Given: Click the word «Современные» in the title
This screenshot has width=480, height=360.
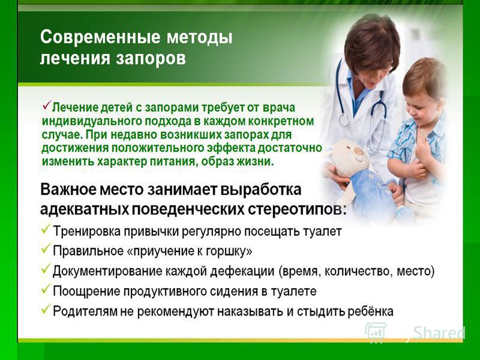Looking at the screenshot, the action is [x=100, y=37].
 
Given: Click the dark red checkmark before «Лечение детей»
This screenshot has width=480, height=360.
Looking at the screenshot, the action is [x=47, y=106].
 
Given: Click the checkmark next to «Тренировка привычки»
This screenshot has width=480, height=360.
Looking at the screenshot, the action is [x=46, y=229].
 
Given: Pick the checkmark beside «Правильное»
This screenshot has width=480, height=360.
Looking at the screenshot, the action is [x=46, y=249].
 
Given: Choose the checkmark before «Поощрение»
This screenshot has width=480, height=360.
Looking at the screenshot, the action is [x=46, y=289].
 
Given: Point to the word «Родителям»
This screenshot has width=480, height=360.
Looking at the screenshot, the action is [x=85, y=311].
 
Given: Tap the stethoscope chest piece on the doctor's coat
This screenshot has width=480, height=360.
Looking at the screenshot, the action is [x=344, y=121].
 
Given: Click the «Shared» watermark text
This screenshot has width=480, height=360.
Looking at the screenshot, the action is [x=439, y=333].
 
